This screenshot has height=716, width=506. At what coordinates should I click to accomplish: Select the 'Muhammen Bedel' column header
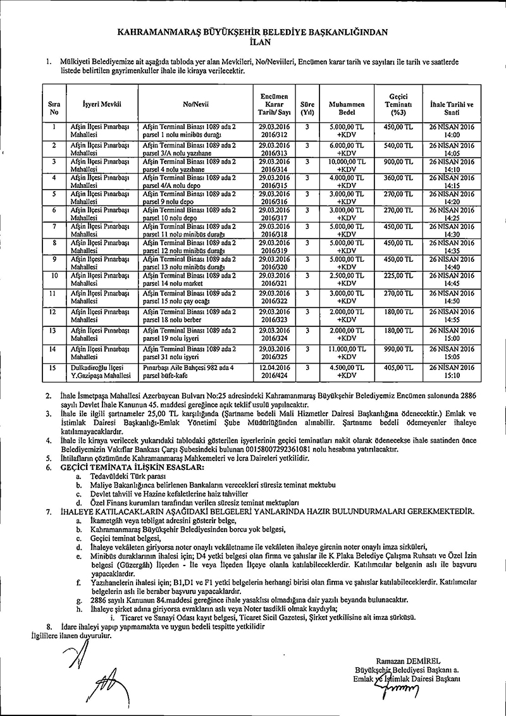347,105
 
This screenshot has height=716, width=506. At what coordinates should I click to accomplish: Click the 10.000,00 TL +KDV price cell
347,165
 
